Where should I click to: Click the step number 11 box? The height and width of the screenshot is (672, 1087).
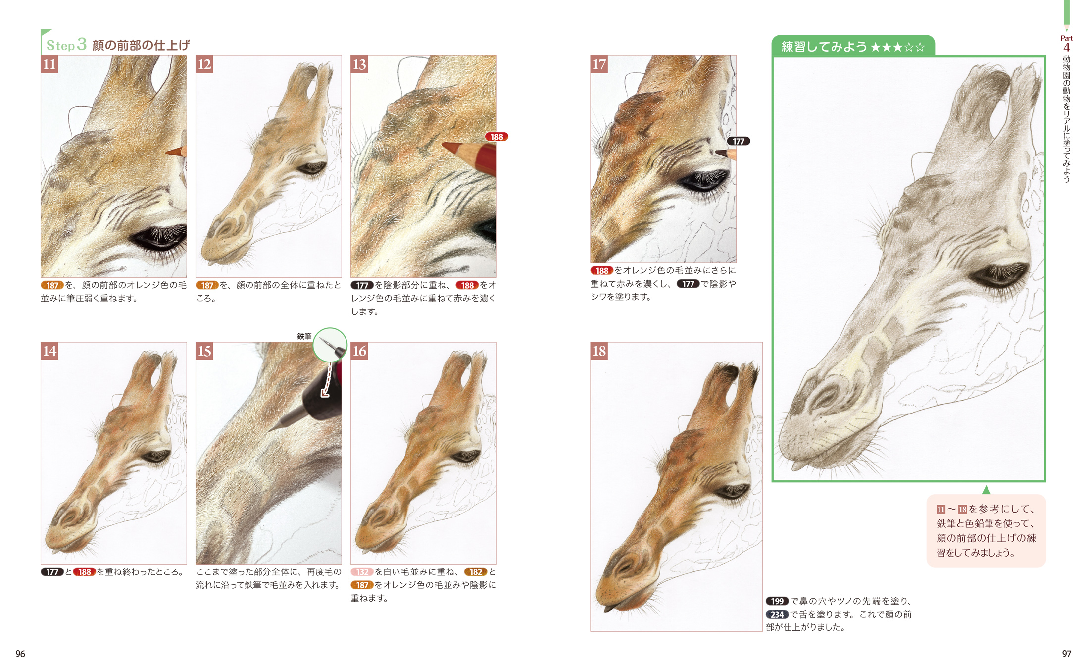pyautogui.click(x=49, y=64)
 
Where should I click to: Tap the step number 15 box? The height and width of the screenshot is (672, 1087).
pyautogui.click(x=204, y=351)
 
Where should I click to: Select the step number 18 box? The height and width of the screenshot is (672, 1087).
pyautogui.click(x=599, y=351)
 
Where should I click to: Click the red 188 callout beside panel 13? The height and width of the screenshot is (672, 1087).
pyautogui.click(x=496, y=137)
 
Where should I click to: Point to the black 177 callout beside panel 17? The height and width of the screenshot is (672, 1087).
pyautogui.click(x=739, y=141)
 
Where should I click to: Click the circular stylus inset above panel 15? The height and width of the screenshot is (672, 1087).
pyautogui.click(x=330, y=345)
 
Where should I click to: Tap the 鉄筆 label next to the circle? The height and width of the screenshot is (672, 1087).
pyautogui.click(x=304, y=336)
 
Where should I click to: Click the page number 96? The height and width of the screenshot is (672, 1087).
pyautogui.click(x=20, y=654)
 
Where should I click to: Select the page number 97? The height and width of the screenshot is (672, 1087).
pyautogui.click(x=1067, y=654)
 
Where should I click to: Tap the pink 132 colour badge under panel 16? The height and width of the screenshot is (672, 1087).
pyautogui.click(x=362, y=572)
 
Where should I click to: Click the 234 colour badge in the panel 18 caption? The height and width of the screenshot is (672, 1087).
pyautogui.click(x=777, y=614)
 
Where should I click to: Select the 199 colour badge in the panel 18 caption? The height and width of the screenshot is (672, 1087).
pyautogui.click(x=777, y=601)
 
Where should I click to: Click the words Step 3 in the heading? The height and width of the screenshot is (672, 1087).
pyautogui.click(x=67, y=45)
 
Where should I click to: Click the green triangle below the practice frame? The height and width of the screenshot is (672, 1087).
pyautogui.click(x=986, y=490)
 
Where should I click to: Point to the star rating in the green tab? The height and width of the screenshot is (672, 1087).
pyautogui.click(x=897, y=47)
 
